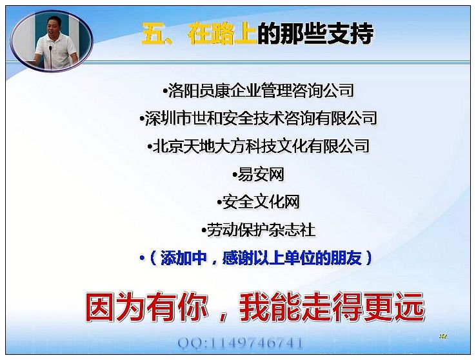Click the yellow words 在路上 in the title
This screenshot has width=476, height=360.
coord(223,34)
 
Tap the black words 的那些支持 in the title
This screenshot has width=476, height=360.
coord(315,34)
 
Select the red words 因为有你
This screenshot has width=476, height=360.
coord(146,307)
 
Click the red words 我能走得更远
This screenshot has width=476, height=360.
coord(332,307)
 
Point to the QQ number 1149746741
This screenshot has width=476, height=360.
coord(256,343)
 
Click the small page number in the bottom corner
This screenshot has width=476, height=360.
coord(443,336)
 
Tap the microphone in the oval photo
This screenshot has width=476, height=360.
coord(51,57)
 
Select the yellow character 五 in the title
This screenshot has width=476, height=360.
coord(154,34)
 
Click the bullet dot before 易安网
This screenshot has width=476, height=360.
coord(235,175)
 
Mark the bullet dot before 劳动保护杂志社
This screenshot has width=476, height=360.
coord(204,230)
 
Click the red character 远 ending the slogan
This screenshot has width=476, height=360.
coord(409,307)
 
